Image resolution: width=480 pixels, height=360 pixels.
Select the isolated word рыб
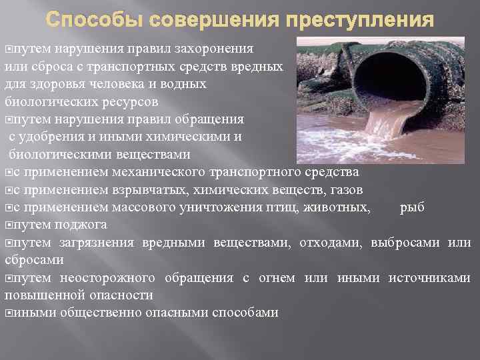click(412, 207)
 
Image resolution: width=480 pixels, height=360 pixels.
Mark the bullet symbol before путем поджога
click(8, 225)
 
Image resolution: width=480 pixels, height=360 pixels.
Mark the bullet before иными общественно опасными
click(8, 312)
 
